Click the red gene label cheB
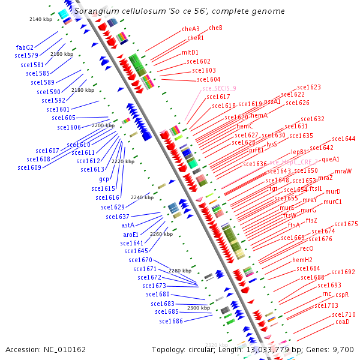click(x=215, y=28)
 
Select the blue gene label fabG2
click(x=25, y=47)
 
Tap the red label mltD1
click(x=190, y=53)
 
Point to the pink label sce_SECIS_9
click(x=219, y=88)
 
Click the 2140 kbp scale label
click(x=41, y=20)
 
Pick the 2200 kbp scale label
click(x=103, y=126)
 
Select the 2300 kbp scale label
click(x=198, y=308)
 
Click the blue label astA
click(x=127, y=226)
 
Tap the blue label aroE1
click(x=131, y=235)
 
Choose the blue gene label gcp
click(x=104, y=179)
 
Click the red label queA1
click(x=331, y=160)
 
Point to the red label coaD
click(x=343, y=322)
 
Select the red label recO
click(x=307, y=248)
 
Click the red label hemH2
click(x=302, y=260)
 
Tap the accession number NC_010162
click(x=46, y=349)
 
